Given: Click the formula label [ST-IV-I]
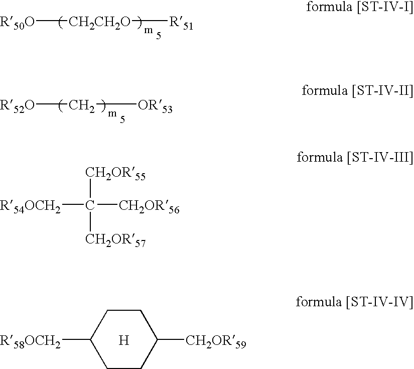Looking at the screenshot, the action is click(x=359, y=8).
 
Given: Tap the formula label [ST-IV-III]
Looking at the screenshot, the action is click(x=355, y=158).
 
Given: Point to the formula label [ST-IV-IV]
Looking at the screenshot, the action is click(x=354, y=302).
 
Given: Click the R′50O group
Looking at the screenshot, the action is click(x=18, y=23).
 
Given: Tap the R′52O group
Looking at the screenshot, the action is click(x=18, y=106).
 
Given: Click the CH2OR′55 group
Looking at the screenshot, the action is click(x=115, y=174).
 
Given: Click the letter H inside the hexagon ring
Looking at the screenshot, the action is click(x=124, y=341).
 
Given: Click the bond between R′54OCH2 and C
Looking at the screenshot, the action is click(x=72, y=205).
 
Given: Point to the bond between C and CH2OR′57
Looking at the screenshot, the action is click(x=90, y=222).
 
